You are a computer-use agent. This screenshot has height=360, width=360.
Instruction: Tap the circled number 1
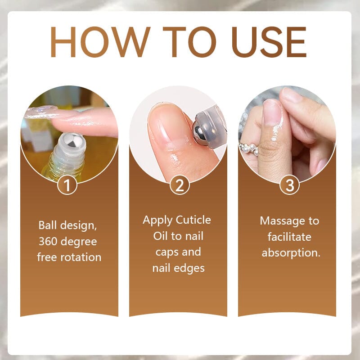point(67,185)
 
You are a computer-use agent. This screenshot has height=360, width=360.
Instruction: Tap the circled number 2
point(180,185)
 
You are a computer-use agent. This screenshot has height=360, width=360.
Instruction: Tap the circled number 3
point(290,185)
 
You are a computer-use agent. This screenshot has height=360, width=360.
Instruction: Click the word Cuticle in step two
point(194,220)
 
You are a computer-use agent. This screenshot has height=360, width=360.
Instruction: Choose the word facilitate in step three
point(289,237)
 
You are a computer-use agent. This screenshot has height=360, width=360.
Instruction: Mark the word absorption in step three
point(291,252)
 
